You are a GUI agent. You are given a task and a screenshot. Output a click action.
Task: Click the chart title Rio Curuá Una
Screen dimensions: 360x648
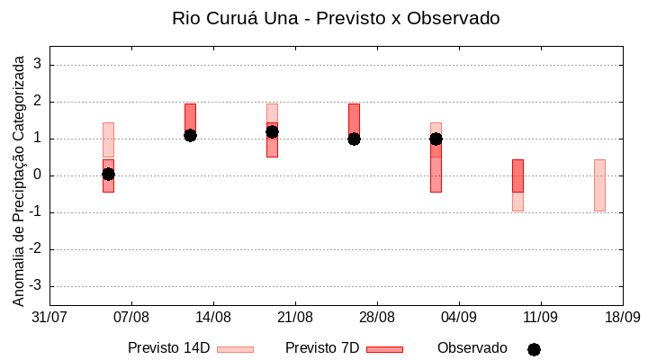(336, 18)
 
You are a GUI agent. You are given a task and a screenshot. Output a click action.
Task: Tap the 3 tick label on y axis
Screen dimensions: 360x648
(38, 65)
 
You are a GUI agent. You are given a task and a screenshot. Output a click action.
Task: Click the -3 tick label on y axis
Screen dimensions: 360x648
(35, 286)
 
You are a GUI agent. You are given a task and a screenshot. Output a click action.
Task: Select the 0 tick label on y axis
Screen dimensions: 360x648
(38, 175)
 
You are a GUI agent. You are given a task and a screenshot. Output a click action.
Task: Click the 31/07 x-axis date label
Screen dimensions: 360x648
(49, 317)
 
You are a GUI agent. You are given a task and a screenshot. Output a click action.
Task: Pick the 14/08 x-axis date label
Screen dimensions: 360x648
(213, 317)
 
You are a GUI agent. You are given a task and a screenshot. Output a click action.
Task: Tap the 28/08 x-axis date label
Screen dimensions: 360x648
(377, 317)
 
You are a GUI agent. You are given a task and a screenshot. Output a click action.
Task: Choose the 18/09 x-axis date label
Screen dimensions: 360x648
(622, 317)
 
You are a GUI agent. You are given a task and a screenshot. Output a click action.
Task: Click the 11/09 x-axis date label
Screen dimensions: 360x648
(541, 317)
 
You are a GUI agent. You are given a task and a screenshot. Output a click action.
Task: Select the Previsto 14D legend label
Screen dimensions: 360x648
(168, 348)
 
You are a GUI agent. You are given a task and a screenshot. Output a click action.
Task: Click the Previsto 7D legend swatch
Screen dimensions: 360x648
(384, 349)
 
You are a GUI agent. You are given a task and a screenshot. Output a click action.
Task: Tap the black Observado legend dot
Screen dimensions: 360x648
(534, 349)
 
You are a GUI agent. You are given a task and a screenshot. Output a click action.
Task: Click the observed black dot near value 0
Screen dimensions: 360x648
(108, 174)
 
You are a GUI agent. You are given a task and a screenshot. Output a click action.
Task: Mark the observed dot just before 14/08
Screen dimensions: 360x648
(190, 135)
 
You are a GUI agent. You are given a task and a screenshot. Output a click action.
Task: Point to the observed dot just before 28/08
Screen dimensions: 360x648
(354, 139)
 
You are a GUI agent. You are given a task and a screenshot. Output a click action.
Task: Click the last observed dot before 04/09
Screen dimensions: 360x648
(436, 139)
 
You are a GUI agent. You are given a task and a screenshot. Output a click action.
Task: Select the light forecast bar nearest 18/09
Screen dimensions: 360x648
(599, 184)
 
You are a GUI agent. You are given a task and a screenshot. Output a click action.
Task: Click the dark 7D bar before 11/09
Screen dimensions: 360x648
(517, 175)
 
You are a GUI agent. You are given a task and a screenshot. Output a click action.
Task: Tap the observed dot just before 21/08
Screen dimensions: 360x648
(272, 131)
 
